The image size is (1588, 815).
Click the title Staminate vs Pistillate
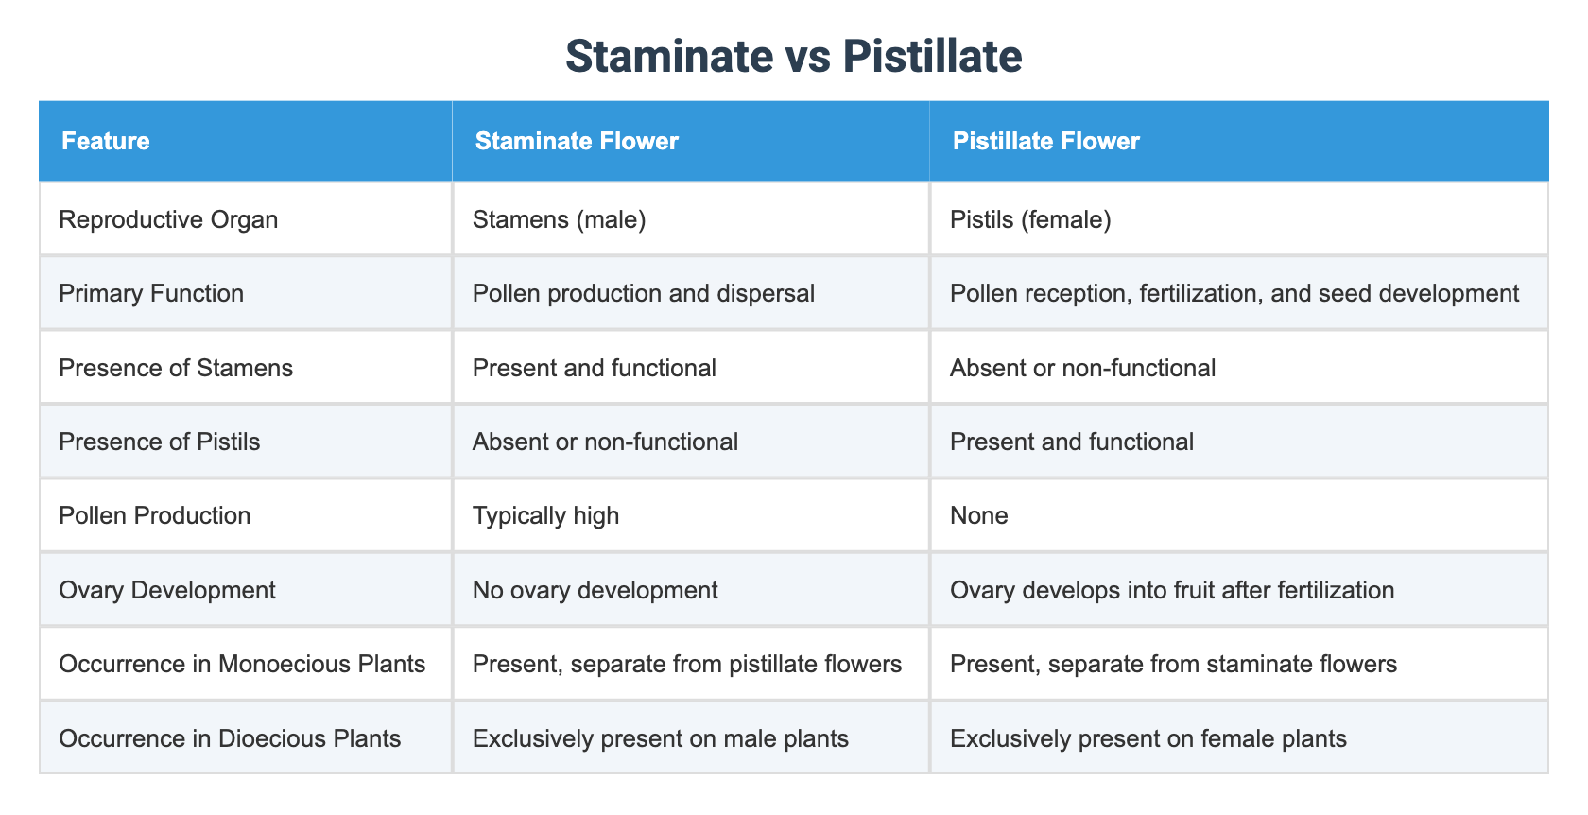click(x=793, y=57)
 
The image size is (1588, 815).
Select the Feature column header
click(x=105, y=142)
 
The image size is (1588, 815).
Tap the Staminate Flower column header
click(x=577, y=142)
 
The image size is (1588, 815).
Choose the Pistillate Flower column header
click(x=1045, y=142)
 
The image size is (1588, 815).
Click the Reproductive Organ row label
click(x=168, y=219)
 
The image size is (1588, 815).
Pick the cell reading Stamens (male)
click(x=559, y=219)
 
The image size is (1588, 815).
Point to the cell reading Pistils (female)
click(x=1030, y=219)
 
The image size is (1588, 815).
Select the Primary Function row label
click(x=151, y=293)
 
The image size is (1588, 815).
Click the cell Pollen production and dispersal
click(x=643, y=293)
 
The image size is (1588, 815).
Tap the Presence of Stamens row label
click(x=176, y=368)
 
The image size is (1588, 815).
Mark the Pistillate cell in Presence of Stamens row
click(x=1082, y=368)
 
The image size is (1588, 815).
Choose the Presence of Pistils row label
click(x=159, y=442)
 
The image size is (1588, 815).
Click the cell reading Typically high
click(x=545, y=515)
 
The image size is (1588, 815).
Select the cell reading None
click(x=978, y=515)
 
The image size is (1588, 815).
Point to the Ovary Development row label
click(x=167, y=590)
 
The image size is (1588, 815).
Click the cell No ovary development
click(x=595, y=590)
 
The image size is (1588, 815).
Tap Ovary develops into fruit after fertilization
click(x=1172, y=590)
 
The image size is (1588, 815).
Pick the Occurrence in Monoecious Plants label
click(x=242, y=664)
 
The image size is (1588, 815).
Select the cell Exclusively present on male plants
click(x=660, y=738)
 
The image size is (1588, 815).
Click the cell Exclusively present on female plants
click(x=1148, y=738)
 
